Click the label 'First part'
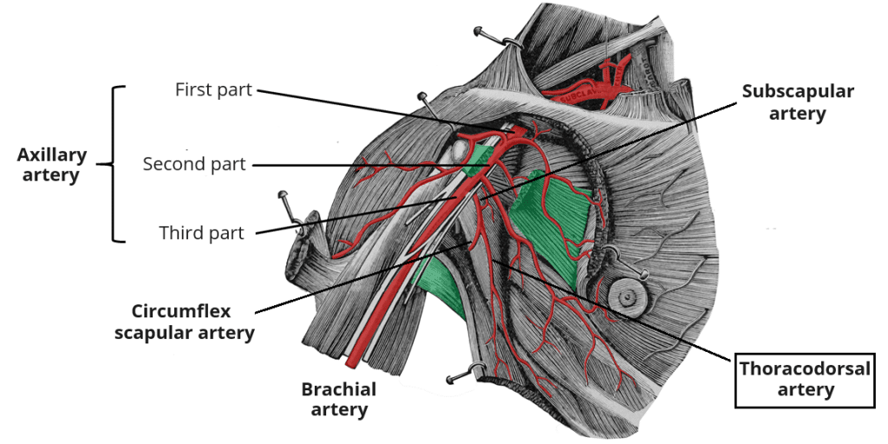213,89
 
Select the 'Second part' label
194,164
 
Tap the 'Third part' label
201,232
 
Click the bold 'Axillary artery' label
52,165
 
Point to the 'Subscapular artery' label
798,102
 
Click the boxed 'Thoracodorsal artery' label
804,379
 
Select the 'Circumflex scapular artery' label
185,322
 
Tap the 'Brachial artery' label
338,399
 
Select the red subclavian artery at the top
581,91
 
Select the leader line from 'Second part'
347,164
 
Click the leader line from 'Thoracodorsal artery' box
624,312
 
